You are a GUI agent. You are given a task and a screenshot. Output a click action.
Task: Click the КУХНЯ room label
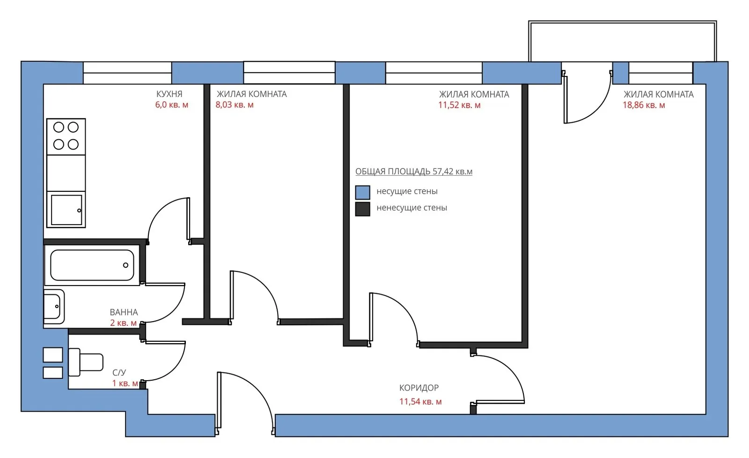tap(169, 94)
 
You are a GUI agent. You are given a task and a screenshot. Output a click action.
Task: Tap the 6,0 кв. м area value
tap(171, 105)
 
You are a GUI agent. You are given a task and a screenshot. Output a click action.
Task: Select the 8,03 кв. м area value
tap(235, 105)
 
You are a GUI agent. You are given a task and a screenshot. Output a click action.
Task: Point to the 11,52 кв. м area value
tap(459, 105)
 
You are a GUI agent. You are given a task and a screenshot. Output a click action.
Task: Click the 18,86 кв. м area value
tap(644, 105)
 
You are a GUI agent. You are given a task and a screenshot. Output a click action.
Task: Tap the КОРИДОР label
tap(419, 388)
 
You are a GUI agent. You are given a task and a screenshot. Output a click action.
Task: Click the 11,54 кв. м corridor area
tap(420, 401)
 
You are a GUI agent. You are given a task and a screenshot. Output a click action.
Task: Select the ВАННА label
tap(124, 312)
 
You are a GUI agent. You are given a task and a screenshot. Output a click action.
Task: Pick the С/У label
tap(119, 373)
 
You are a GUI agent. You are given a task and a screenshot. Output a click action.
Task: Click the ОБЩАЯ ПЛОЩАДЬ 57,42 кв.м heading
tap(414, 172)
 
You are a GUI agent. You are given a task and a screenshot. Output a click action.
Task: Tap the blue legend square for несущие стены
tap(362, 192)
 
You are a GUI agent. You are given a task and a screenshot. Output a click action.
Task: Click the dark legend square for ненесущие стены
tap(362, 209)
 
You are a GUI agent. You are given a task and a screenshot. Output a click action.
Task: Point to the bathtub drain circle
tap(126, 265)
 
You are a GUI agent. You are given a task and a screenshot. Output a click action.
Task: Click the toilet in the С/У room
tap(86, 362)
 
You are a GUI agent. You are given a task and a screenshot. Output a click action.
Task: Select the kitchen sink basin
tap(66, 210)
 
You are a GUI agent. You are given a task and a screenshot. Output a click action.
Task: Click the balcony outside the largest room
tap(622, 41)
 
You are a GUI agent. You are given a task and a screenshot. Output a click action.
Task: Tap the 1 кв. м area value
tap(125, 383)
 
